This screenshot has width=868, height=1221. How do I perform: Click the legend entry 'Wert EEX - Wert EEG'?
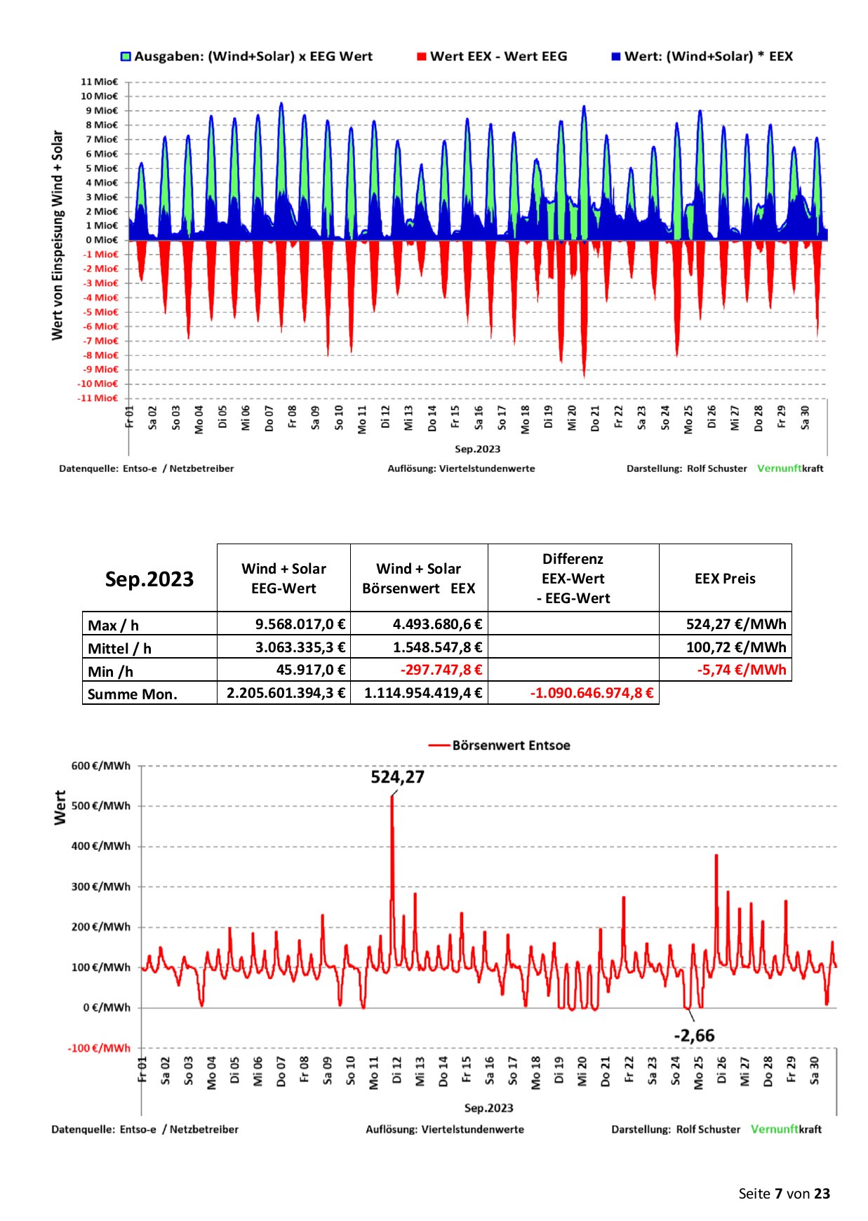click(x=492, y=57)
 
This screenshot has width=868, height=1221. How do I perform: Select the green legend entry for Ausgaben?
click(x=246, y=57)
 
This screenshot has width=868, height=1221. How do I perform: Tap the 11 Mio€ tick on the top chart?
click(x=100, y=82)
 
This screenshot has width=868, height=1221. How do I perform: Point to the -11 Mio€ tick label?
click(x=98, y=398)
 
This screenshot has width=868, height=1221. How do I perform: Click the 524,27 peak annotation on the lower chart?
click(x=398, y=777)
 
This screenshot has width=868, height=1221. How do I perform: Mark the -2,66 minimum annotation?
click(x=694, y=1035)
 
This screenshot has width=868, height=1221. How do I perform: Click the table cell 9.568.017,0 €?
click(x=300, y=624)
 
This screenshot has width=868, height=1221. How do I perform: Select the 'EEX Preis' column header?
click(x=725, y=579)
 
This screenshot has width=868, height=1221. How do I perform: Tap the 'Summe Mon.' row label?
click(x=133, y=694)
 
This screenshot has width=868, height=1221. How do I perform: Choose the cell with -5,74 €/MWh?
click(x=742, y=670)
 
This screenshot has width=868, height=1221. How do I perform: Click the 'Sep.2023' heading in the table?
click(x=149, y=579)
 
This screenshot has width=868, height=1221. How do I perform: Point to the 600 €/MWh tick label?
click(x=101, y=766)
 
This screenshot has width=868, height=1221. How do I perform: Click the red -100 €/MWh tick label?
click(x=99, y=1048)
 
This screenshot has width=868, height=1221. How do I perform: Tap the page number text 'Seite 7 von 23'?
click(x=784, y=1194)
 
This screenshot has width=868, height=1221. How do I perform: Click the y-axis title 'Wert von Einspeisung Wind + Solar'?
click(x=58, y=235)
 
